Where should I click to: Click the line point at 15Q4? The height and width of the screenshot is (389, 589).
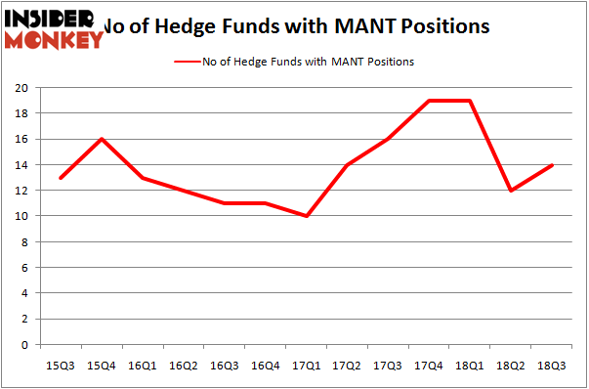(x=101, y=139)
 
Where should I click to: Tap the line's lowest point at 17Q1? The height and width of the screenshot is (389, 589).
(x=306, y=216)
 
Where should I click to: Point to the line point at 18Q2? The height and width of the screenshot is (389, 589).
(x=510, y=191)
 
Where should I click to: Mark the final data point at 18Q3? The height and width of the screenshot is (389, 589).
(x=552, y=164)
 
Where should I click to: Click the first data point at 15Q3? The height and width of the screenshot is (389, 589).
(x=61, y=178)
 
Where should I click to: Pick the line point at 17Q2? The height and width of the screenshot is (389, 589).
(x=347, y=164)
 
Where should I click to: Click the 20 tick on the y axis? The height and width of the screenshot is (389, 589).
(x=24, y=88)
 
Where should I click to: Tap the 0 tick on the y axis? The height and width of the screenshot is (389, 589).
(x=27, y=345)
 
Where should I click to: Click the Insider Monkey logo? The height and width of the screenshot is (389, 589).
(x=54, y=26)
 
